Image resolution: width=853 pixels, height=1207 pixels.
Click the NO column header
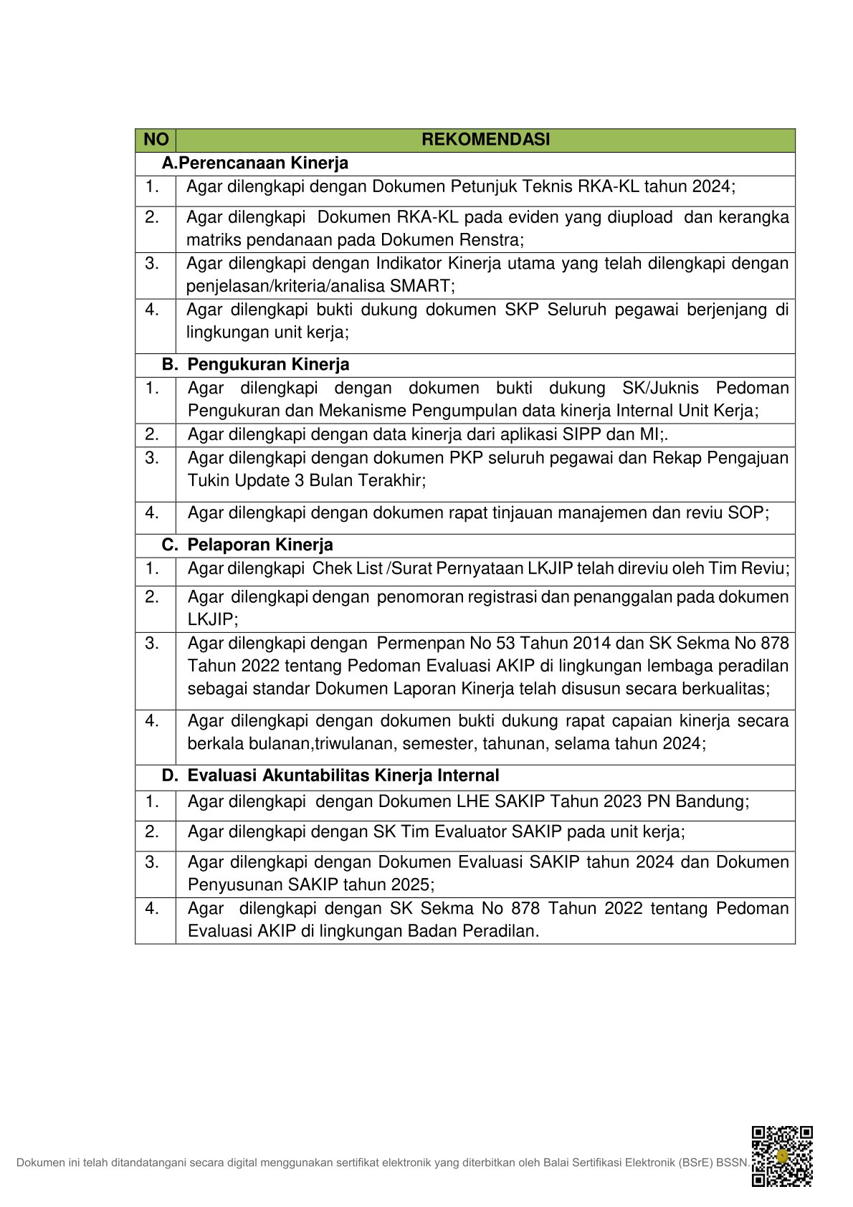tap(156, 140)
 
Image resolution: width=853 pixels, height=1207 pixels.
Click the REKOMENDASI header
tap(485, 140)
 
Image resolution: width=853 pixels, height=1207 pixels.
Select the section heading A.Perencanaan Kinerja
tap(254, 163)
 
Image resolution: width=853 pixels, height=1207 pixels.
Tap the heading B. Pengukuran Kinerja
tap(255, 364)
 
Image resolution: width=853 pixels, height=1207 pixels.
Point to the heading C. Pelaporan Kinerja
tap(247, 545)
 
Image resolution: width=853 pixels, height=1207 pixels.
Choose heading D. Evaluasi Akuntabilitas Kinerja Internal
tap(330, 776)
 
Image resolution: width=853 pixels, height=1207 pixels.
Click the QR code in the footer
tap(781, 1156)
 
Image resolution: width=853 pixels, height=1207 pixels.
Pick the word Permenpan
tap(419, 643)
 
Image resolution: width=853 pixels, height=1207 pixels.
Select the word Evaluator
tap(452, 831)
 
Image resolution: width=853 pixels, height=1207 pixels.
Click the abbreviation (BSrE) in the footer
tap(695, 1163)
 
